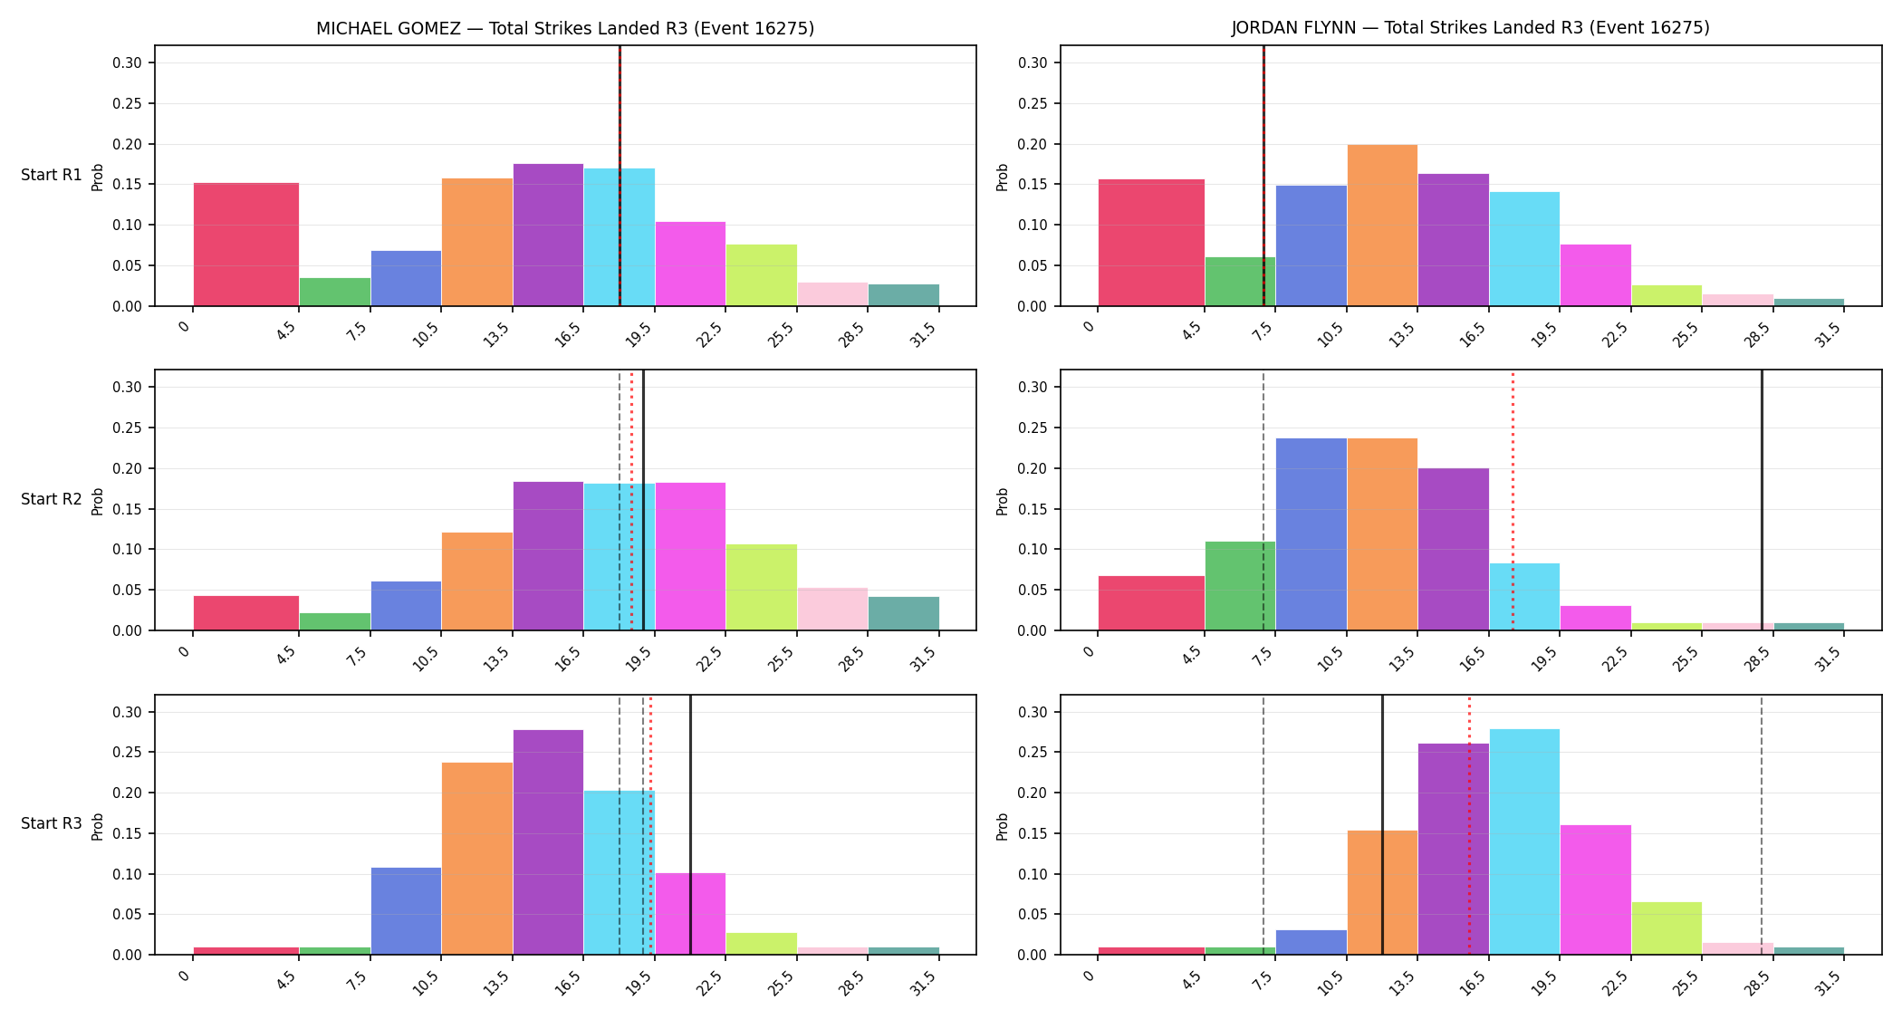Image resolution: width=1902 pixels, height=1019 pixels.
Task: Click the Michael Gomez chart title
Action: pos(565,28)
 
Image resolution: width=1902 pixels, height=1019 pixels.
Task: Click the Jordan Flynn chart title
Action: pos(1470,28)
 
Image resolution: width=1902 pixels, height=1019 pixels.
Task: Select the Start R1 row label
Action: pos(52,175)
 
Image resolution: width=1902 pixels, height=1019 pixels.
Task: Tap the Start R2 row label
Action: pos(52,499)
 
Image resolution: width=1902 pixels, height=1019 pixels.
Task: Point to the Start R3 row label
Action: pos(52,823)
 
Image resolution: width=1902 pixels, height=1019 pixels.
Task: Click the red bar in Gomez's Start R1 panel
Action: pos(246,245)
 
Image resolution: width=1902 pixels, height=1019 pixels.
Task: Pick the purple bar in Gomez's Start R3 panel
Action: pos(548,842)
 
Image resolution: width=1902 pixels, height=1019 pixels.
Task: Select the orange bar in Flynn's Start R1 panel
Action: pos(1382,226)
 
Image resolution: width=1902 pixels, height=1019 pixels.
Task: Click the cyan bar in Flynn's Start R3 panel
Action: pos(1524,841)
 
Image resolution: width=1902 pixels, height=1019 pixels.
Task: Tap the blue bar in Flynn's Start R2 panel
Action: pos(1311,534)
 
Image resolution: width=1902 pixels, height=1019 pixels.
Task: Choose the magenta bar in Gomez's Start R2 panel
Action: pos(690,556)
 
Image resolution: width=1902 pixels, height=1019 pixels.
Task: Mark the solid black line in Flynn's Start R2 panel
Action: pos(1762,500)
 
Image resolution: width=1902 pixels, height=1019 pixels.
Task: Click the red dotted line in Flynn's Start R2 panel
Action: pos(1513,500)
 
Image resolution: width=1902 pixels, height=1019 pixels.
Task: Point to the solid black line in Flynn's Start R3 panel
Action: pos(1382,825)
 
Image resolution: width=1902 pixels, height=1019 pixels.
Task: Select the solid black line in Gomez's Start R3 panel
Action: pos(690,825)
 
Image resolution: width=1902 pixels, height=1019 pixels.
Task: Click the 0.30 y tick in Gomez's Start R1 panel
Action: pos(127,62)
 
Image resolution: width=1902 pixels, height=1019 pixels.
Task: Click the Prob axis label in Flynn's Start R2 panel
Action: pos(1003,501)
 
